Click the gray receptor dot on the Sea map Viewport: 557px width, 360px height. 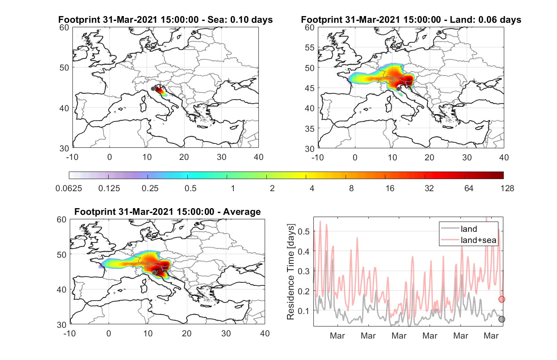pyautogui.click(x=153, y=89)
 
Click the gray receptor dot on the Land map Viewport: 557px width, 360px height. pyautogui.click(x=398, y=89)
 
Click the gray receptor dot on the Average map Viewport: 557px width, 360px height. pyautogui.click(x=154, y=273)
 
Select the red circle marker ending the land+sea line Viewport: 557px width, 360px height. pyautogui.click(x=502, y=299)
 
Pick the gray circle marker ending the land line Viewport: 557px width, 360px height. pyautogui.click(x=502, y=319)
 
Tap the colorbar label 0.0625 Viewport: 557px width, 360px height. pyautogui.click(x=69, y=188)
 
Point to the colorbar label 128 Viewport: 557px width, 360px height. pyautogui.click(x=507, y=188)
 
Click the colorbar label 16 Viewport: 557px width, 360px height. pyautogui.click(x=390, y=188)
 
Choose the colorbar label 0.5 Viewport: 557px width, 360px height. pyautogui.click(x=190, y=188)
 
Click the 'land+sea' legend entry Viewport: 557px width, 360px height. pyautogui.click(x=478, y=240)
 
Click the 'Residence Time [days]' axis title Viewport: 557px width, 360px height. pyautogui.click(x=291, y=272)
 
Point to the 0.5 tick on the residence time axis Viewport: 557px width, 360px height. pyautogui.click(x=304, y=231)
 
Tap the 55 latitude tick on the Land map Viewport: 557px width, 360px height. pyautogui.click(x=309, y=47)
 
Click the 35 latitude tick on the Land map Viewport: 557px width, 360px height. pyautogui.click(x=309, y=129)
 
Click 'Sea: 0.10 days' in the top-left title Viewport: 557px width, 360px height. pyautogui.click(x=240, y=20)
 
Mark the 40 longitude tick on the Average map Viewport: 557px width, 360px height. pyautogui.click(x=265, y=333)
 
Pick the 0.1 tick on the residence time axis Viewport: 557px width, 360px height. pyautogui.click(x=304, y=311)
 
